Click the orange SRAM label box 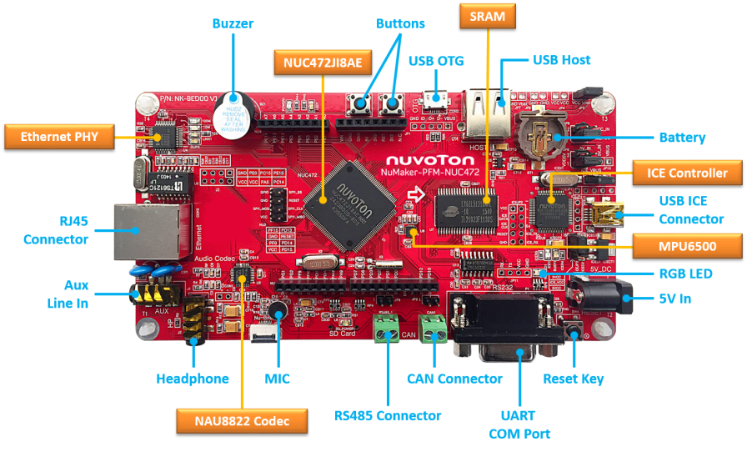pyautogui.click(x=488, y=16)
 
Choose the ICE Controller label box pyautogui.click(x=686, y=173)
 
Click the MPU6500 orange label pyautogui.click(x=686, y=245)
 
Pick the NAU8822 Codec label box pyautogui.click(x=242, y=422)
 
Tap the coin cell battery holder pyautogui.click(x=539, y=133)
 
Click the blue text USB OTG pyautogui.click(x=436, y=60)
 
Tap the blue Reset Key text pyautogui.click(x=573, y=379)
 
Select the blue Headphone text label pyautogui.click(x=192, y=379)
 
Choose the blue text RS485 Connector pyautogui.click(x=387, y=415)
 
